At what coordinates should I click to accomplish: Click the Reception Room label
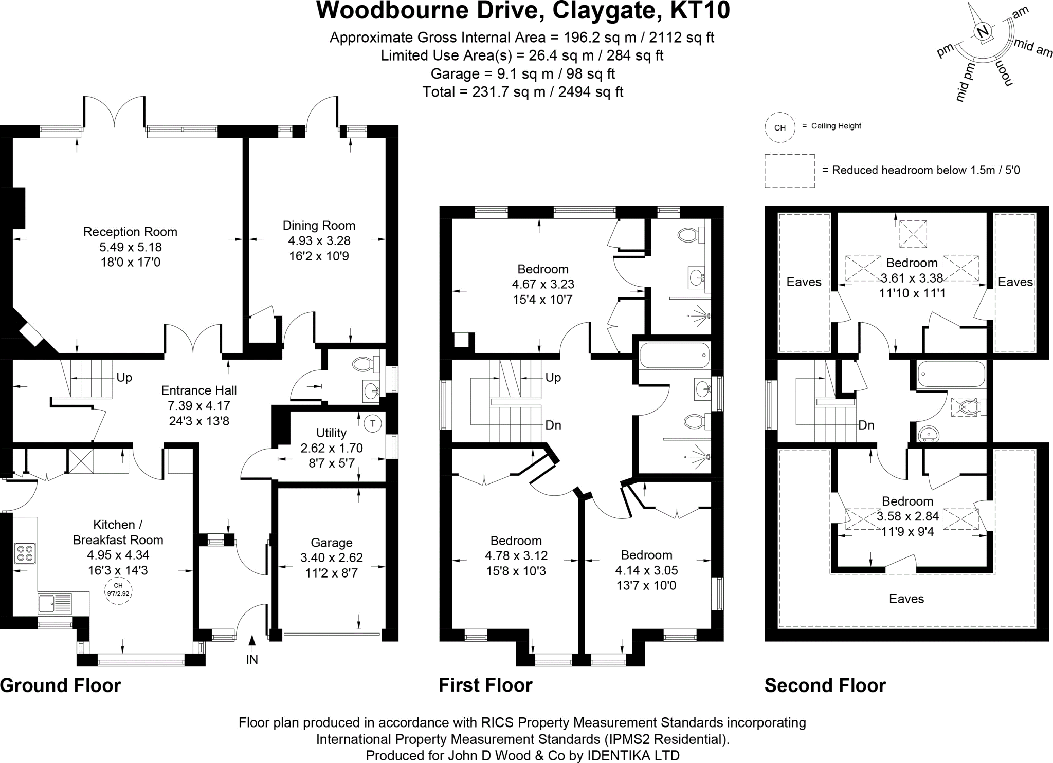130,232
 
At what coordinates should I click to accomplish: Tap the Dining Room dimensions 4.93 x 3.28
319,240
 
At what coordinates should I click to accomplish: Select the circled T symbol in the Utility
373,424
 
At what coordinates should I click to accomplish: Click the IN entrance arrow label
251,659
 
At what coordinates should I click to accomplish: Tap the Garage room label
331,543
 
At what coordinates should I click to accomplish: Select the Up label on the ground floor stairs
124,378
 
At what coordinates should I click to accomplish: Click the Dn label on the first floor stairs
553,425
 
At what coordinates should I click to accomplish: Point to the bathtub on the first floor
674,356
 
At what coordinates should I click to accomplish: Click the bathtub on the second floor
951,374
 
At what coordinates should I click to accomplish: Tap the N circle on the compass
983,32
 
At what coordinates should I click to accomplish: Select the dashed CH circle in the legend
779,127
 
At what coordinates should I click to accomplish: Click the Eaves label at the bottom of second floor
906,599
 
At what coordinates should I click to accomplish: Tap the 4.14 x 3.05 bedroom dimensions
646,570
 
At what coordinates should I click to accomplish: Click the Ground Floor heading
60,685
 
